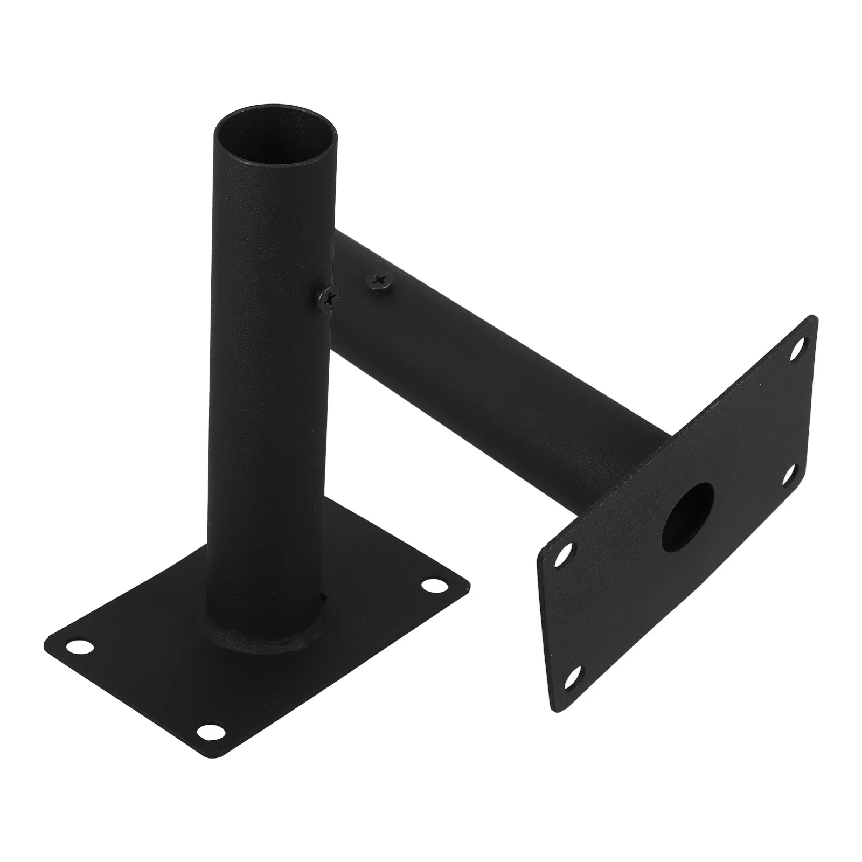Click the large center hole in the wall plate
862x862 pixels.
click(689, 509)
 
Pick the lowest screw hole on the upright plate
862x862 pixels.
click(575, 676)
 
